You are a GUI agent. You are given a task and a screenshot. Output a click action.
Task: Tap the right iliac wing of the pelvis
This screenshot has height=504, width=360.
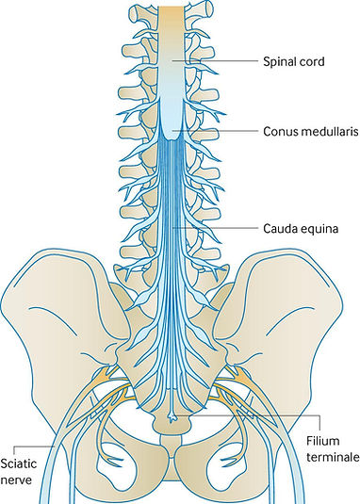pos(297,311)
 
